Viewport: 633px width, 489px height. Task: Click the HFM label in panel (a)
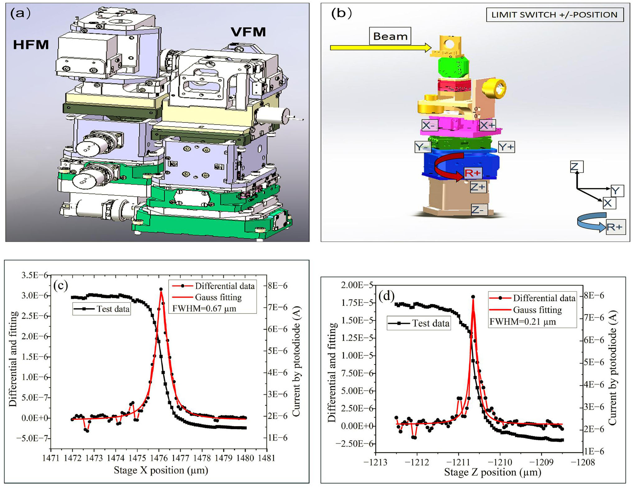point(31,45)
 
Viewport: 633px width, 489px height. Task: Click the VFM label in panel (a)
point(248,32)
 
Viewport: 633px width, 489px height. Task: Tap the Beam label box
point(390,36)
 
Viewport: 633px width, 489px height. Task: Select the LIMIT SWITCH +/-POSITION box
point(554,15)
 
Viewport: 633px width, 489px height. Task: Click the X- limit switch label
point(430,126)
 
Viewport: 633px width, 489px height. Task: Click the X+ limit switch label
point(487,126)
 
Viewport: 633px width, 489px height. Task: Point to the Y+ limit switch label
point(506,147)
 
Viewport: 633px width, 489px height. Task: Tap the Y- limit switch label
point(422,147)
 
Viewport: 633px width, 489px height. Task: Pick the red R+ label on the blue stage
point(472,173)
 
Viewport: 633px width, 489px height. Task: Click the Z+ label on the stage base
point(478,187)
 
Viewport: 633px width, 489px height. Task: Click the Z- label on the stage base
point(478,210)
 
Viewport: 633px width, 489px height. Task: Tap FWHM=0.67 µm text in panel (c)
point(204,309)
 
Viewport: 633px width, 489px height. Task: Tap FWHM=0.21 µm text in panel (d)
point(522,322)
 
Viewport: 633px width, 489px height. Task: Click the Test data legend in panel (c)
point(102,309)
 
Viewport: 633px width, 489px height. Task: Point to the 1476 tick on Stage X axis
point(159,458)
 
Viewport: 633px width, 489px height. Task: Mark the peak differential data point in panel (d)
point(473,297)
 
